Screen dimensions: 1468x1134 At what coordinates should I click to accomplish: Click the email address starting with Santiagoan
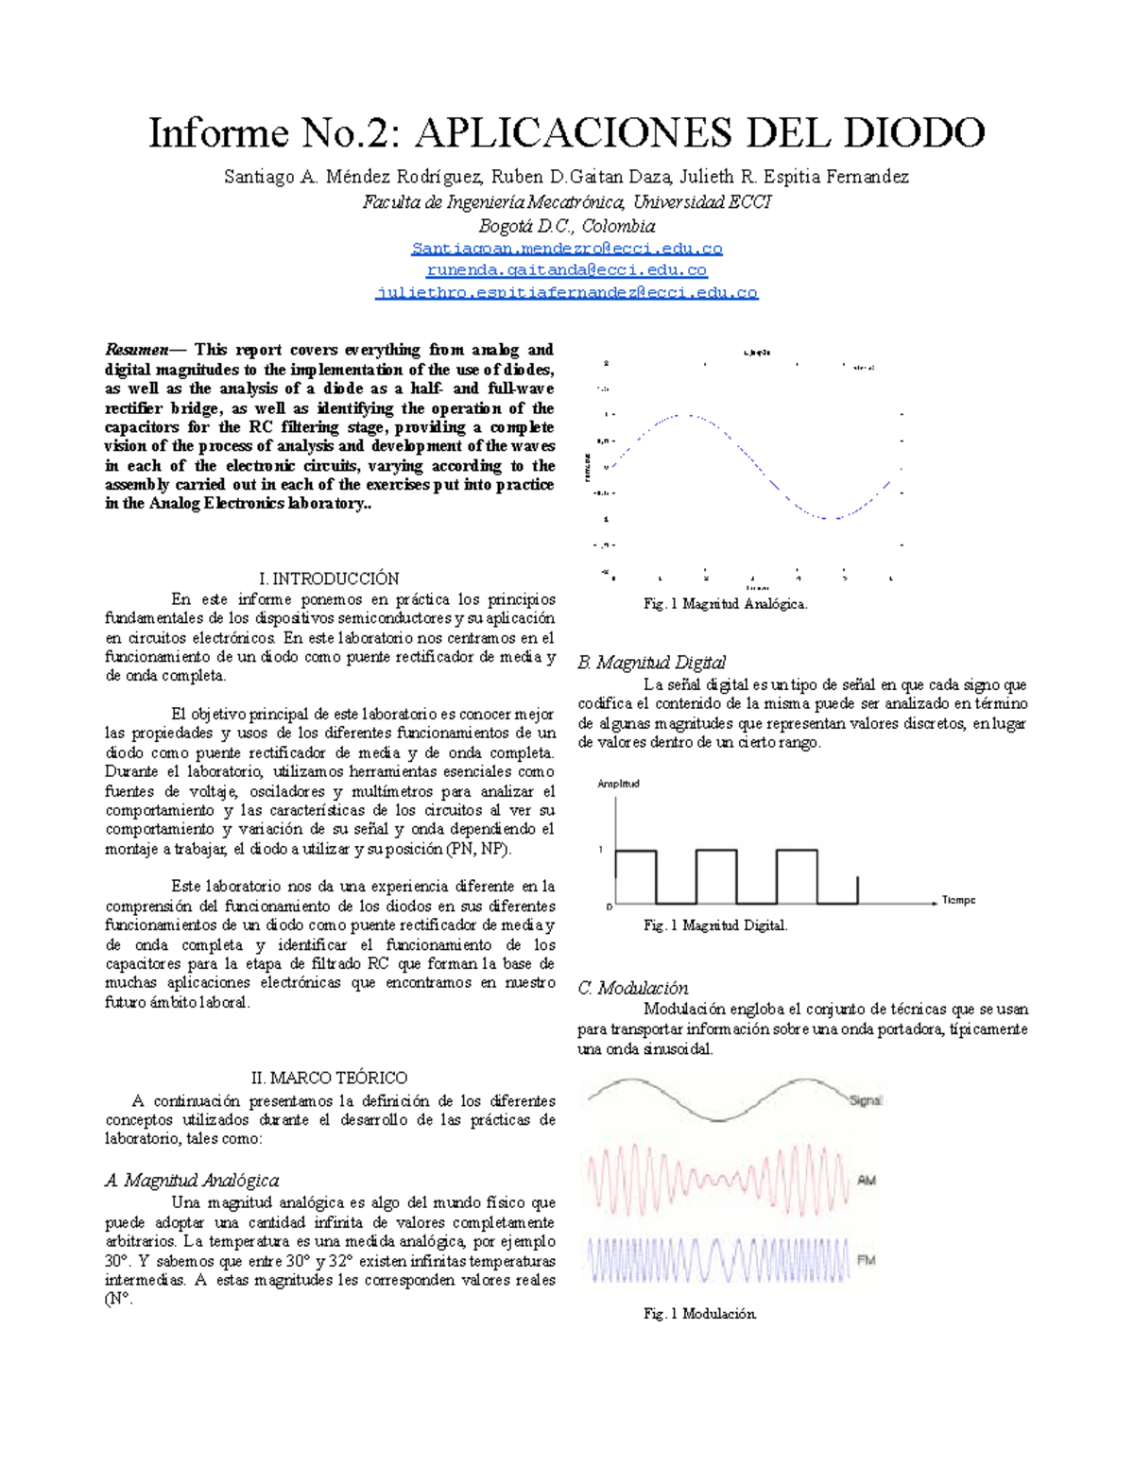(567, 249)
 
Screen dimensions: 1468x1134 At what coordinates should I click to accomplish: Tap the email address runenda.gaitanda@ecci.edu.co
(567, 270)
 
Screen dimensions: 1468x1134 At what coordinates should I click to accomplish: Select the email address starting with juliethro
(567, 292)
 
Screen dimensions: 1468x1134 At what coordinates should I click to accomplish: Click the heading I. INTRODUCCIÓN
(329, 579)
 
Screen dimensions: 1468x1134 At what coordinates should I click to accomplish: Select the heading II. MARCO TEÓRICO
(329, 1078)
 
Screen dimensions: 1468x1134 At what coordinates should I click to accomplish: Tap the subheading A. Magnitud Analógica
(192, 1180)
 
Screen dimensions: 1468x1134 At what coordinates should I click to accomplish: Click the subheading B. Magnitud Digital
(651, 662)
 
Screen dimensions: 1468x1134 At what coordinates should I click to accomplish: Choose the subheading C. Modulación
(632, 988)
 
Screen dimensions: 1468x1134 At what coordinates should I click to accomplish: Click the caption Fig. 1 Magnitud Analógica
(725, 603)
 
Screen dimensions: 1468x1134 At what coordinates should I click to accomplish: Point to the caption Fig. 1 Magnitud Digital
(715, 925)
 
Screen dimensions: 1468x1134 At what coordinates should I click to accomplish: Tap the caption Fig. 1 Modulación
(699, 1313)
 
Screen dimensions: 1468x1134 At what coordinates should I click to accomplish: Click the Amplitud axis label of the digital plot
(619, 784)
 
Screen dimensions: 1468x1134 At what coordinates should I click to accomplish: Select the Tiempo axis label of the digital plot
(958, 900)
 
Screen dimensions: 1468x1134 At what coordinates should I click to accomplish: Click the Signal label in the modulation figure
(865, 1100)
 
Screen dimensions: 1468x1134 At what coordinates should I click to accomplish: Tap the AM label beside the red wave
(866, 1180)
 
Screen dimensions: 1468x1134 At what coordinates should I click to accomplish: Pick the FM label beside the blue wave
(866, 1260)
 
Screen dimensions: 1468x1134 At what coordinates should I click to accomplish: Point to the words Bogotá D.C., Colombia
(567, 226)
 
